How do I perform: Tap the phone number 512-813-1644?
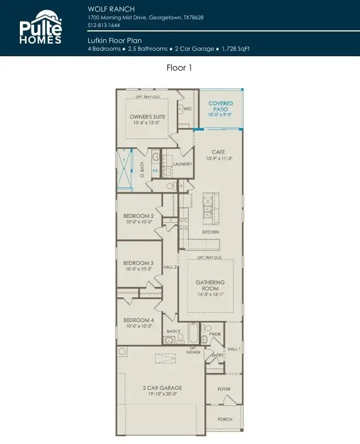(103, 25)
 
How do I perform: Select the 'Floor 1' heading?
(179, 68)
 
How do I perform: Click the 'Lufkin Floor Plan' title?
(114, 41)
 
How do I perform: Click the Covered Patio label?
(220, 106)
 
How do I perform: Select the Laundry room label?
(182, 164)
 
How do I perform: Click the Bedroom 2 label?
(138, 216)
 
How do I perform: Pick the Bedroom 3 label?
(138, 263)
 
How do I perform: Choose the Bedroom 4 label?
(138, 320)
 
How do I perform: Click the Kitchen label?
(210, 232)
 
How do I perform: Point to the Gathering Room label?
(210, 285)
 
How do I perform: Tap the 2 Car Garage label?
(162, 388)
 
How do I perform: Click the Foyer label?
(224, 389)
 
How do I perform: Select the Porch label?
(225, 419)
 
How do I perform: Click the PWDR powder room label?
(215, 334)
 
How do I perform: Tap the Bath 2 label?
(174, 331)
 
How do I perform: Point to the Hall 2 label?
(170, 267)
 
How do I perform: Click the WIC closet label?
(187, 109)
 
